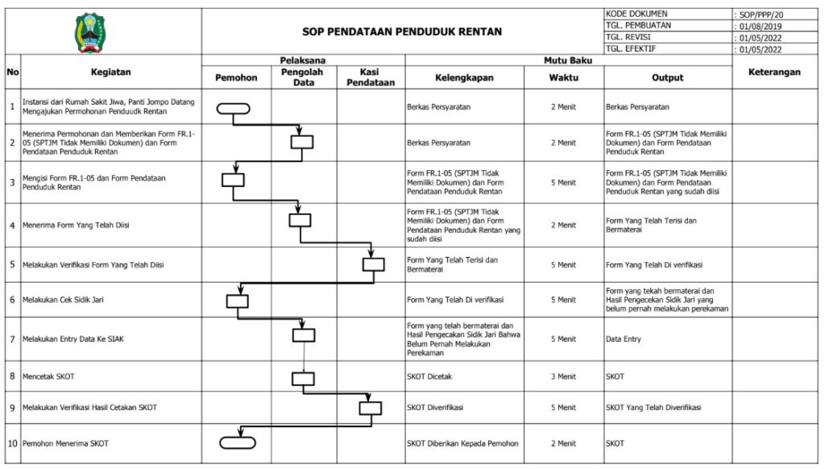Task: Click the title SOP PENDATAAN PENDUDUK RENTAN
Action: point(401,31)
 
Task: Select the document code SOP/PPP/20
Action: point(760,15)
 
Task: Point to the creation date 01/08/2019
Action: point(761,26)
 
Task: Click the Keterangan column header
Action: point(774,72)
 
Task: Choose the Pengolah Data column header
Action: point(303,77)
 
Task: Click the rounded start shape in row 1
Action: point(234,108)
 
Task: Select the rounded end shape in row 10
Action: point(238,442)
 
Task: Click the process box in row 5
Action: point(373,264)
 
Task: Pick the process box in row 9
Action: point(370,408)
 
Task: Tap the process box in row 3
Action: point(233,181)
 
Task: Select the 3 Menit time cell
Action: point(563,376)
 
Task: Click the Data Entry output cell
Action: point(624,339)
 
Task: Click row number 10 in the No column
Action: point(12,443)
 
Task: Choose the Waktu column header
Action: point(563,77)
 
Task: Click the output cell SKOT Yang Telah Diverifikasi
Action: point(653,408)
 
